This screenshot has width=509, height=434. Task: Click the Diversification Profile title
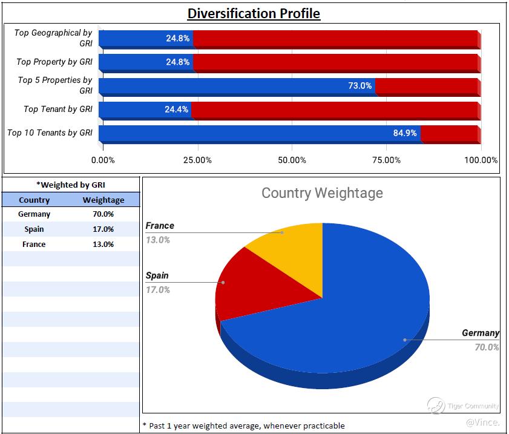pyautogui.click(x=254, y=13)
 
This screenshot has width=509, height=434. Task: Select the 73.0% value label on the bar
pyautogui.click(x=360, y=86)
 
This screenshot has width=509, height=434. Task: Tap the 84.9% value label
pyautogui.click(x=405, y=133)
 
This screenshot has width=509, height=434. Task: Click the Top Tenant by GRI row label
pyautogui.click(x=58, y=110)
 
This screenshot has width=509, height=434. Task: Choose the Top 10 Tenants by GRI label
pyautogui.click(x=50, y=133)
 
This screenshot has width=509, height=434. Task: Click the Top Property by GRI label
pyautogui.click(x=54, y=62)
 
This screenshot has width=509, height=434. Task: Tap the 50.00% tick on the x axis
pyautogui.click(x=292, y=160)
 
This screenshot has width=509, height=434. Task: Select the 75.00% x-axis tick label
pyautogui.click(x=386, y=160)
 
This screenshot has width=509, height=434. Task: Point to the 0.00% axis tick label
pyautogui.click(x=103, y=160)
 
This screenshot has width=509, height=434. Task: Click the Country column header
pyautogui.click(x=34, y=200)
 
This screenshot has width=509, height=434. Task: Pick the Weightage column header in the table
pyautogui.click(x=103, y=200)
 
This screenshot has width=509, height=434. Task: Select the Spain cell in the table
pyautogui.click(x=34, y=229)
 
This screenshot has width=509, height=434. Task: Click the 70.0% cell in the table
pyautogui.click(x=103, y=214)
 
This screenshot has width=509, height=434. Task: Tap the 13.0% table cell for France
pyautogui.click(x=103, y=245)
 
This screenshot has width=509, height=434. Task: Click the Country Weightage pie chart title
pyautogui.click(x=322, y=193)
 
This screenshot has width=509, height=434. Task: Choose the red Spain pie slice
pyautogui.click(x=248, y=288)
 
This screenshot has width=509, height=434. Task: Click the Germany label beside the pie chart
pyautogui.click(x=480, y=333)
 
